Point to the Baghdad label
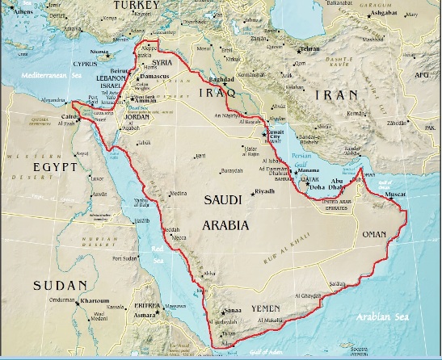point(221,80)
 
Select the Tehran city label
point(309,49)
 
